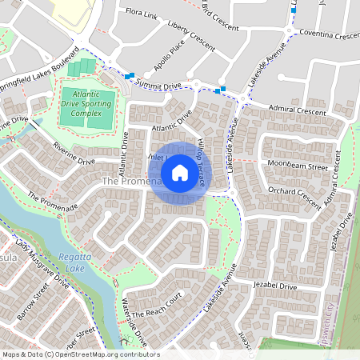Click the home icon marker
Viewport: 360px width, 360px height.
179,173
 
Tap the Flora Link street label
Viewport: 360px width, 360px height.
140,13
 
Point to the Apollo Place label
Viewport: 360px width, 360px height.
170,70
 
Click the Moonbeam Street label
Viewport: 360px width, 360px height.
298,167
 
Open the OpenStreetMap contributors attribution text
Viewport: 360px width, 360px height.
80,354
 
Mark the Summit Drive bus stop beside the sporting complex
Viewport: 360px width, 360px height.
129,75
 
